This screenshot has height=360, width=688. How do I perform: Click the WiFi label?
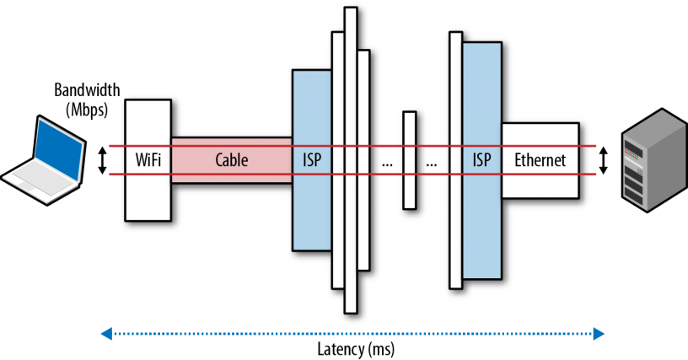pyautogui.click(x=148, y=159)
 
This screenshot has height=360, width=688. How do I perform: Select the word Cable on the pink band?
pyautogui.click(x=232, y=159)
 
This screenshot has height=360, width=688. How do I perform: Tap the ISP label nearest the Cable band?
pyautogui.click(x=311, y=159)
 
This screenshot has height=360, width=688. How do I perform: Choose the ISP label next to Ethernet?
pyautogui.click(x=481, y=159)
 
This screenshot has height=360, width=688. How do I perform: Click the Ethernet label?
pyautogui.click(x=540, y=159)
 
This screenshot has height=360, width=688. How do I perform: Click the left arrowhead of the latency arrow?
pyautogui.click(x=106, y=334)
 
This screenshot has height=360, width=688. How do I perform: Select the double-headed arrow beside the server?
pyautogui.click(x=603, y=159)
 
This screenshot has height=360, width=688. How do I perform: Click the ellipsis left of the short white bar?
pyautogui.click(x=387, y=163)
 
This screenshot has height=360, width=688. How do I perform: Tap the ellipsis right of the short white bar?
pyautogui.click(x=433, y=163)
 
